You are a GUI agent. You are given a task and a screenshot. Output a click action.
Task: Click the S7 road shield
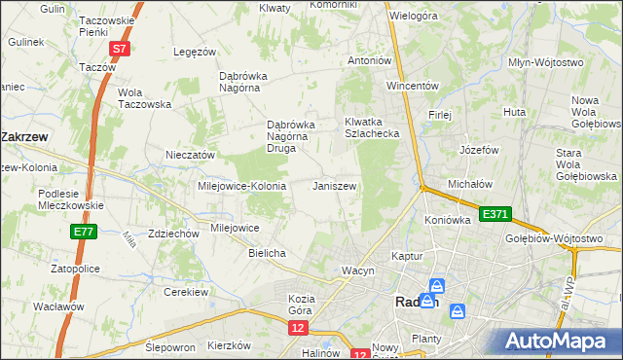[119, 48]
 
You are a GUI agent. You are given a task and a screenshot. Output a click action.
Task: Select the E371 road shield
[494, 212]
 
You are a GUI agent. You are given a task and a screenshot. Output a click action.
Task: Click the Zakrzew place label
[27, 137]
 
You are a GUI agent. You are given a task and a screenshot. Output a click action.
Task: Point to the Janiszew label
[334, 186]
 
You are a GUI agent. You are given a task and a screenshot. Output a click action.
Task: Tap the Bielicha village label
[267, 253]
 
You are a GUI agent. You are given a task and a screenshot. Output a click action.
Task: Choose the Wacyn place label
[357, 270]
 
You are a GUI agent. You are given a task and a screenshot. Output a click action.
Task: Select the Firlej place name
[439, 115]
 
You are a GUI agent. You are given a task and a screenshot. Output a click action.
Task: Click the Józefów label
[479, 151]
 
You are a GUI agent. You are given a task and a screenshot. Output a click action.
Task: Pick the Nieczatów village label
[190, 155]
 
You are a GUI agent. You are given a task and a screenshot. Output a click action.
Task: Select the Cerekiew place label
[188, 292]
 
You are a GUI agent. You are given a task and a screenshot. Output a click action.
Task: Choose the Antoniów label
[370, 60]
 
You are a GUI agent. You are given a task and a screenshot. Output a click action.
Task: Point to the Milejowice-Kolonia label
[241, 186]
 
